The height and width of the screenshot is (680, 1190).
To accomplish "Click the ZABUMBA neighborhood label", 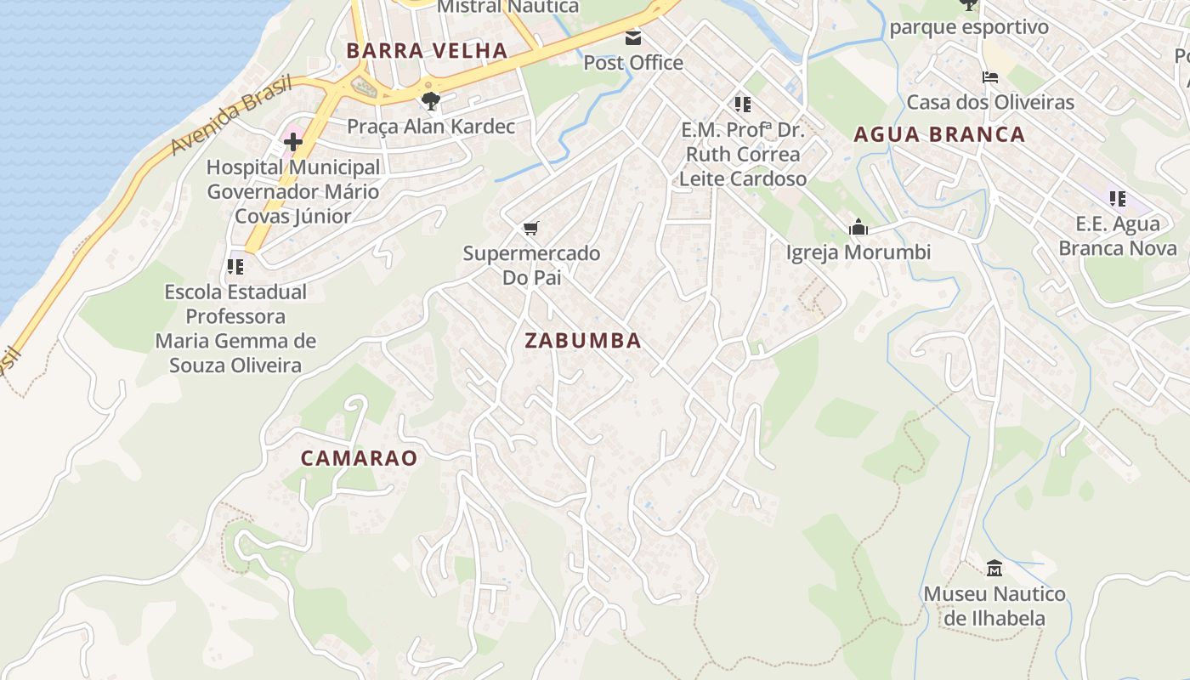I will [x=582, y=341].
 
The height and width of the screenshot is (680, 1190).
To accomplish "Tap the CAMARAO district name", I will [x=359, y=458].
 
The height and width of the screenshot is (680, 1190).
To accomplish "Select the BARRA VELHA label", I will [x=427, y=51].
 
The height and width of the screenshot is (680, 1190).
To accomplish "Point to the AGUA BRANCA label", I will [x=939, y=134].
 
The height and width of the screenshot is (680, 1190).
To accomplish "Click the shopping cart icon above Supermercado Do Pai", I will [x=531, y=228].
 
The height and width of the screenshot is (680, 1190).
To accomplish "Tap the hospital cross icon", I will [x=293, y=142].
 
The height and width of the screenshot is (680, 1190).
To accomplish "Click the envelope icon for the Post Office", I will [x=633, y=38].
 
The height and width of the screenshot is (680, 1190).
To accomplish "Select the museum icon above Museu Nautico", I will [x=994, y=568].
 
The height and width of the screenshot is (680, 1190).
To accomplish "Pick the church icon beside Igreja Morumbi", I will [x=858, y=227].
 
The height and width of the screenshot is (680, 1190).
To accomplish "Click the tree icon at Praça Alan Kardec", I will [x=431, y=101].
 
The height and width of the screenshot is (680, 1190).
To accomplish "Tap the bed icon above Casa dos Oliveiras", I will [x=990, y=77].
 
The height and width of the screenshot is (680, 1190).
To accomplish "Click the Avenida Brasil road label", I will [x=230, y=116].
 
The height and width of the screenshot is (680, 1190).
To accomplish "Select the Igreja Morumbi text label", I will [x=858, y=252].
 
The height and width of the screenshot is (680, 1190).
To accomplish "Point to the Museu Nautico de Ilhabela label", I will [x=994, y=606].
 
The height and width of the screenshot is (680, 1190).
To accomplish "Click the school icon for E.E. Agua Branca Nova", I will [x=1118, y=199].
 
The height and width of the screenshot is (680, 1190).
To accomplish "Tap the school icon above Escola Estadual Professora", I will [x=235, y=267].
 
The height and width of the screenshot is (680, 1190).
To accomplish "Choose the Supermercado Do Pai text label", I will [x=531, y=265].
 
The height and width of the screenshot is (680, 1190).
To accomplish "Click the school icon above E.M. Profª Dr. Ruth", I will [x=743, y=105].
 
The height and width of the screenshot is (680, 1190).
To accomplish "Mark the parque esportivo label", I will [x=969, y=27].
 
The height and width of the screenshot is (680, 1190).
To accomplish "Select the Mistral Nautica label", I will [x=507, y=7].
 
